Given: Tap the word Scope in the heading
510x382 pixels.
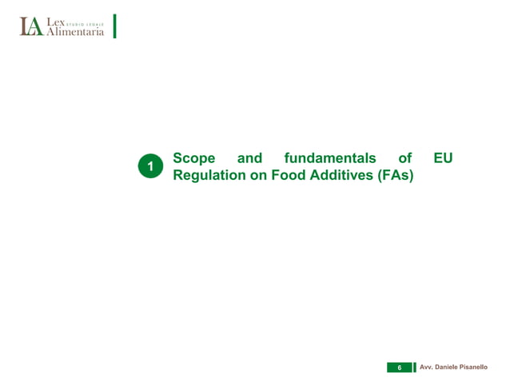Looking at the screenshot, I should (x=194, y=158).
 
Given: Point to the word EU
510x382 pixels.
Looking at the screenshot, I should (x=443, y=158).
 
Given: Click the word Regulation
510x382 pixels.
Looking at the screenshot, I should (x=209, y=176).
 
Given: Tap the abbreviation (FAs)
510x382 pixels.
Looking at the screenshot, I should (x=395, y=176).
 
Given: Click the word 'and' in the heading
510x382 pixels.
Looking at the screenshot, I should (x=249, y=158).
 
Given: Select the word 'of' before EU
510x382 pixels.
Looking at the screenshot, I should (x=404, y=158).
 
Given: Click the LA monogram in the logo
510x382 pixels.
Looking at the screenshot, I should (x=31, y=27).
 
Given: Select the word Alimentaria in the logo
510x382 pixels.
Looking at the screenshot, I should (x=74, y=32).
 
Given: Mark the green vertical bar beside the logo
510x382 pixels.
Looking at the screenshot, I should (x=115, y=26).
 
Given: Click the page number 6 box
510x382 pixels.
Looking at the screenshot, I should (x=399, y=367).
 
